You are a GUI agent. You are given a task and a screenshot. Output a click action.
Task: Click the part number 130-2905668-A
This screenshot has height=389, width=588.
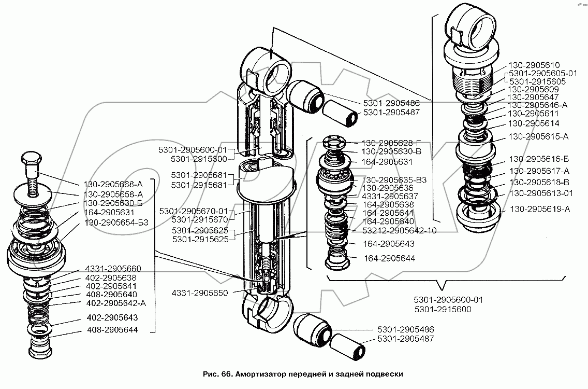tap(113, 185)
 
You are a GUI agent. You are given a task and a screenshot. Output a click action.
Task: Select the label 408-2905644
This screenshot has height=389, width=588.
tap(112, 330)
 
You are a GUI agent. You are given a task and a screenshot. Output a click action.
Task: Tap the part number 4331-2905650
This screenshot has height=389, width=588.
tap(200, 293)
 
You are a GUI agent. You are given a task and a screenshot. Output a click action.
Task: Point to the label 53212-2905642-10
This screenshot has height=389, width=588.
tap(400, 230)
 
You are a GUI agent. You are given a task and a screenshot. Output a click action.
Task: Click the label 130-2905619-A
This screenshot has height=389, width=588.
tap(540, 209)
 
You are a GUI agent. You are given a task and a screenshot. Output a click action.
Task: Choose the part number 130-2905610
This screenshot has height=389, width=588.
tap(534, 65)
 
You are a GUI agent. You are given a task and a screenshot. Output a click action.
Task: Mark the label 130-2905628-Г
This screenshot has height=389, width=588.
tap(391, 143)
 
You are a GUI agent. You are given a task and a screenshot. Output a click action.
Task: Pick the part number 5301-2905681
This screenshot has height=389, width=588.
tap(199, 175)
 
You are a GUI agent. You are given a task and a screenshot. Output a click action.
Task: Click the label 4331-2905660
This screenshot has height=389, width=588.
tap(113, 269)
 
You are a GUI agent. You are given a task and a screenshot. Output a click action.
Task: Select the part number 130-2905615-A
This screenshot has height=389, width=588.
tap(538, 137)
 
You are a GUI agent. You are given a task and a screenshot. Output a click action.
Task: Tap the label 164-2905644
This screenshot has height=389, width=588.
tap(390, 259)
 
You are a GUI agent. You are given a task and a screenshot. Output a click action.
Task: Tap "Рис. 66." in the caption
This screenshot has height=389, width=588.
tap(218, 374)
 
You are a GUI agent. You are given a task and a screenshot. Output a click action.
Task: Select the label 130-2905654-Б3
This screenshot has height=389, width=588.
tap(116, 223)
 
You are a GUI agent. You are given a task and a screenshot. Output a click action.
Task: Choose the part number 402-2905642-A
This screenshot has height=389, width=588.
tap(116, 303)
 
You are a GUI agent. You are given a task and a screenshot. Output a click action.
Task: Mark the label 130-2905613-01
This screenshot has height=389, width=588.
tap(541, 193)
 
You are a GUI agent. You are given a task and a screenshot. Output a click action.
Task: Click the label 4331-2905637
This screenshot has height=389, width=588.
tap(390, 196)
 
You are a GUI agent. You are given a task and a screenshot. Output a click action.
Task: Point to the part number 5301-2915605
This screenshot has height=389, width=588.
tap(537, 82)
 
